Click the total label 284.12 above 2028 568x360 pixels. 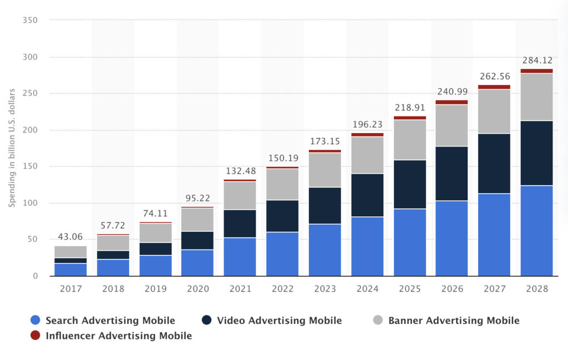537,60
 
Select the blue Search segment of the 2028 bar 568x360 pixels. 537,230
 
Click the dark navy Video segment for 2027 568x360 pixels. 494,164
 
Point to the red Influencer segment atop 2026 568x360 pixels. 452,102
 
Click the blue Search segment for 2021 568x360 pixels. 240,256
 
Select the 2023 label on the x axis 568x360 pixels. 324,289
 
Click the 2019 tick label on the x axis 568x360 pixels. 155,289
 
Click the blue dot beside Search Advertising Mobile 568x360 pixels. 35,320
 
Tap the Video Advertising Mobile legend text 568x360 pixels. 279,320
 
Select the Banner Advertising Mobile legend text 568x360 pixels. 454,320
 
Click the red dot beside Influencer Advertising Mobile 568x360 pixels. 35,336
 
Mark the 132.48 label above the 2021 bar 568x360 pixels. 240,171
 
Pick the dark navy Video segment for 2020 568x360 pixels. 197,240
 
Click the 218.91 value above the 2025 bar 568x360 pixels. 409,108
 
